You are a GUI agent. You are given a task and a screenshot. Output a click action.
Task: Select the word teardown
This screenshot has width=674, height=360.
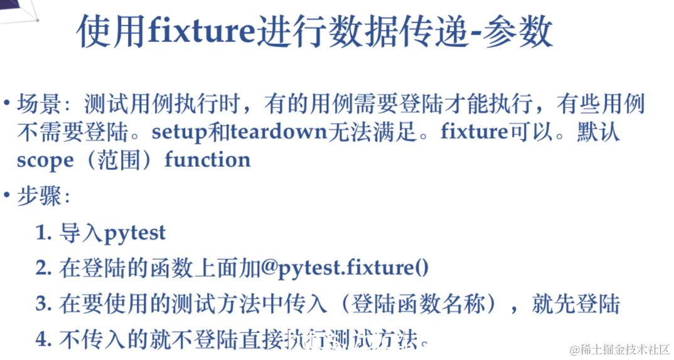[x=279, y=132]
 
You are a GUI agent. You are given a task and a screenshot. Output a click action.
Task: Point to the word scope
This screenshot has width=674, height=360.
[x=45, y=160]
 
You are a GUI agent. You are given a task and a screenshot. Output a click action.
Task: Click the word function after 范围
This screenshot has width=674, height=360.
[x=207, y=159]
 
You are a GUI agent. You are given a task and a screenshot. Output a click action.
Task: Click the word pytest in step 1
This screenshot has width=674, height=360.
[x=134, y=234]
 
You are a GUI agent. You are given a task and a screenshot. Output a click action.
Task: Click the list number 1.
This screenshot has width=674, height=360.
[x=43, y=234]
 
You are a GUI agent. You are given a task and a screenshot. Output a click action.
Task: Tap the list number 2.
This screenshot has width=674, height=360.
[x=43, y=268]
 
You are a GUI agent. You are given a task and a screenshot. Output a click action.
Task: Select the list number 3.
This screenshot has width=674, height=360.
[x=43, y=304]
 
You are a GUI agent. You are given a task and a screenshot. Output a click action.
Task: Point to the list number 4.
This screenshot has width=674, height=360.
[x=43, y=339]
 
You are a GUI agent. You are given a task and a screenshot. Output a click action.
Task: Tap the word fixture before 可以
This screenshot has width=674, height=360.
[x=474, y=132]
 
